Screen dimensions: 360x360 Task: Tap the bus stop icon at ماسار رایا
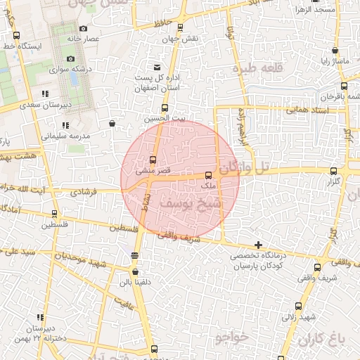click(x=335, y=51)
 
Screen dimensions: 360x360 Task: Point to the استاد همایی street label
click(x=287, y=110)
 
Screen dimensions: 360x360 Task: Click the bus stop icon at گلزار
click(x=333, y=170)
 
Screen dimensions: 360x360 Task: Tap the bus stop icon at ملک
click(x=208, y=175)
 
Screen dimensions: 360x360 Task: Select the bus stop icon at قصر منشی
click(x=153, y=160)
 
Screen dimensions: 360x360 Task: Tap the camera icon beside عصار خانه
click(x=83, y=29)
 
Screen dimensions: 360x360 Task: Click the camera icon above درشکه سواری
click(x=70, y=58)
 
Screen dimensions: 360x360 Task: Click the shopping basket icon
click(x=112, y=124)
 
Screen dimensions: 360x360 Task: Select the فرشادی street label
click(x=84, y=191)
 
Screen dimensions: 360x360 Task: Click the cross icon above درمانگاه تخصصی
click(x=259, y=245)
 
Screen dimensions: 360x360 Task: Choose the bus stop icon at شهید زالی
click(x=299, y=306)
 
